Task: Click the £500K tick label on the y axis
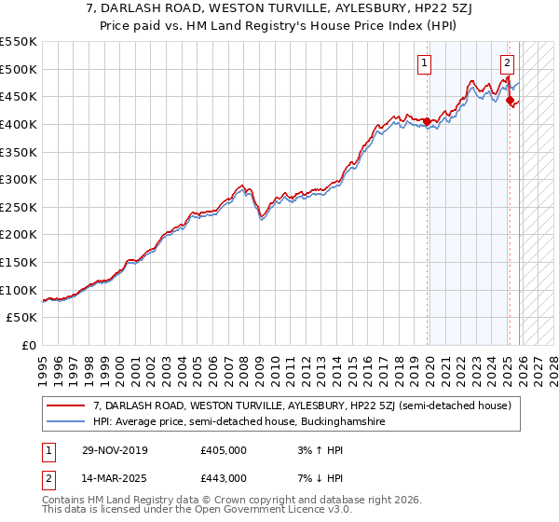(x=18, y=69)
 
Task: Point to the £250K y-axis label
(x=18, y=207)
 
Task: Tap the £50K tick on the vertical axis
(x=21, y=318)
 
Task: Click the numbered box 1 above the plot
(x=424, y=63)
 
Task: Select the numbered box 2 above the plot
(x=507, y=63)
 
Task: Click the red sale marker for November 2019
(x=428, y=121)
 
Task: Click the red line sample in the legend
(x=66, y=406)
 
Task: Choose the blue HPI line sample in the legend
(x=66, y=422)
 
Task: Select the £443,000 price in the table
(x=223, y=477)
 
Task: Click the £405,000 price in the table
(x=223, y=450)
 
